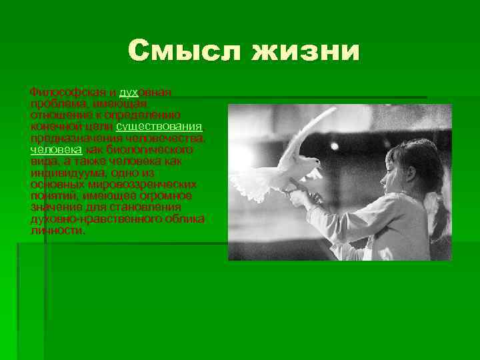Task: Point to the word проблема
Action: tap(54, 103)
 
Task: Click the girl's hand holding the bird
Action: tap(304, 197)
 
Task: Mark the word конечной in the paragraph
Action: tap(53, 127)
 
